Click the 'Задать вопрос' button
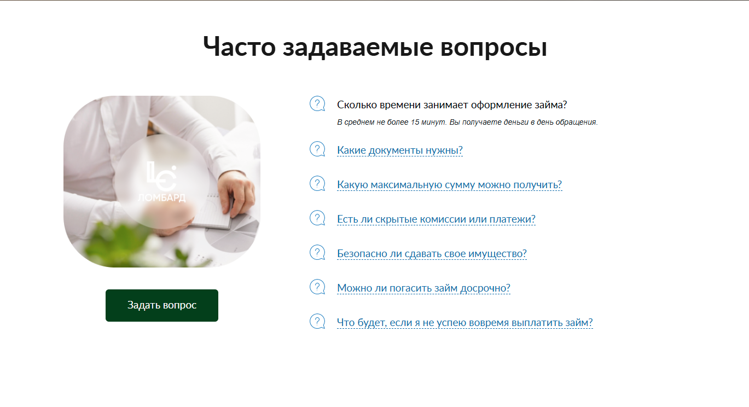161,305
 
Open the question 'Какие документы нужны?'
400,150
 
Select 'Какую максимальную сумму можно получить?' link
449,185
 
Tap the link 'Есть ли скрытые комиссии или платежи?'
436,219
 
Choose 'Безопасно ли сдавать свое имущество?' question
432,254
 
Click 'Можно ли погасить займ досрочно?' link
423,288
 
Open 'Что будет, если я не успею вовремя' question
465,323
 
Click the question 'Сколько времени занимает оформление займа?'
452,105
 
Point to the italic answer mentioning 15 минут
467,122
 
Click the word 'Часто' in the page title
240,47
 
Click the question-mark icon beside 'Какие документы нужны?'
317,149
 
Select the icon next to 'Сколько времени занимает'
317,104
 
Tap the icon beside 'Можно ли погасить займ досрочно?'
317,287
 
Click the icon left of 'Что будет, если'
317,322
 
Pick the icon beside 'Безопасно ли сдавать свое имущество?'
317,253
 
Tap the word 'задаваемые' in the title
353,47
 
